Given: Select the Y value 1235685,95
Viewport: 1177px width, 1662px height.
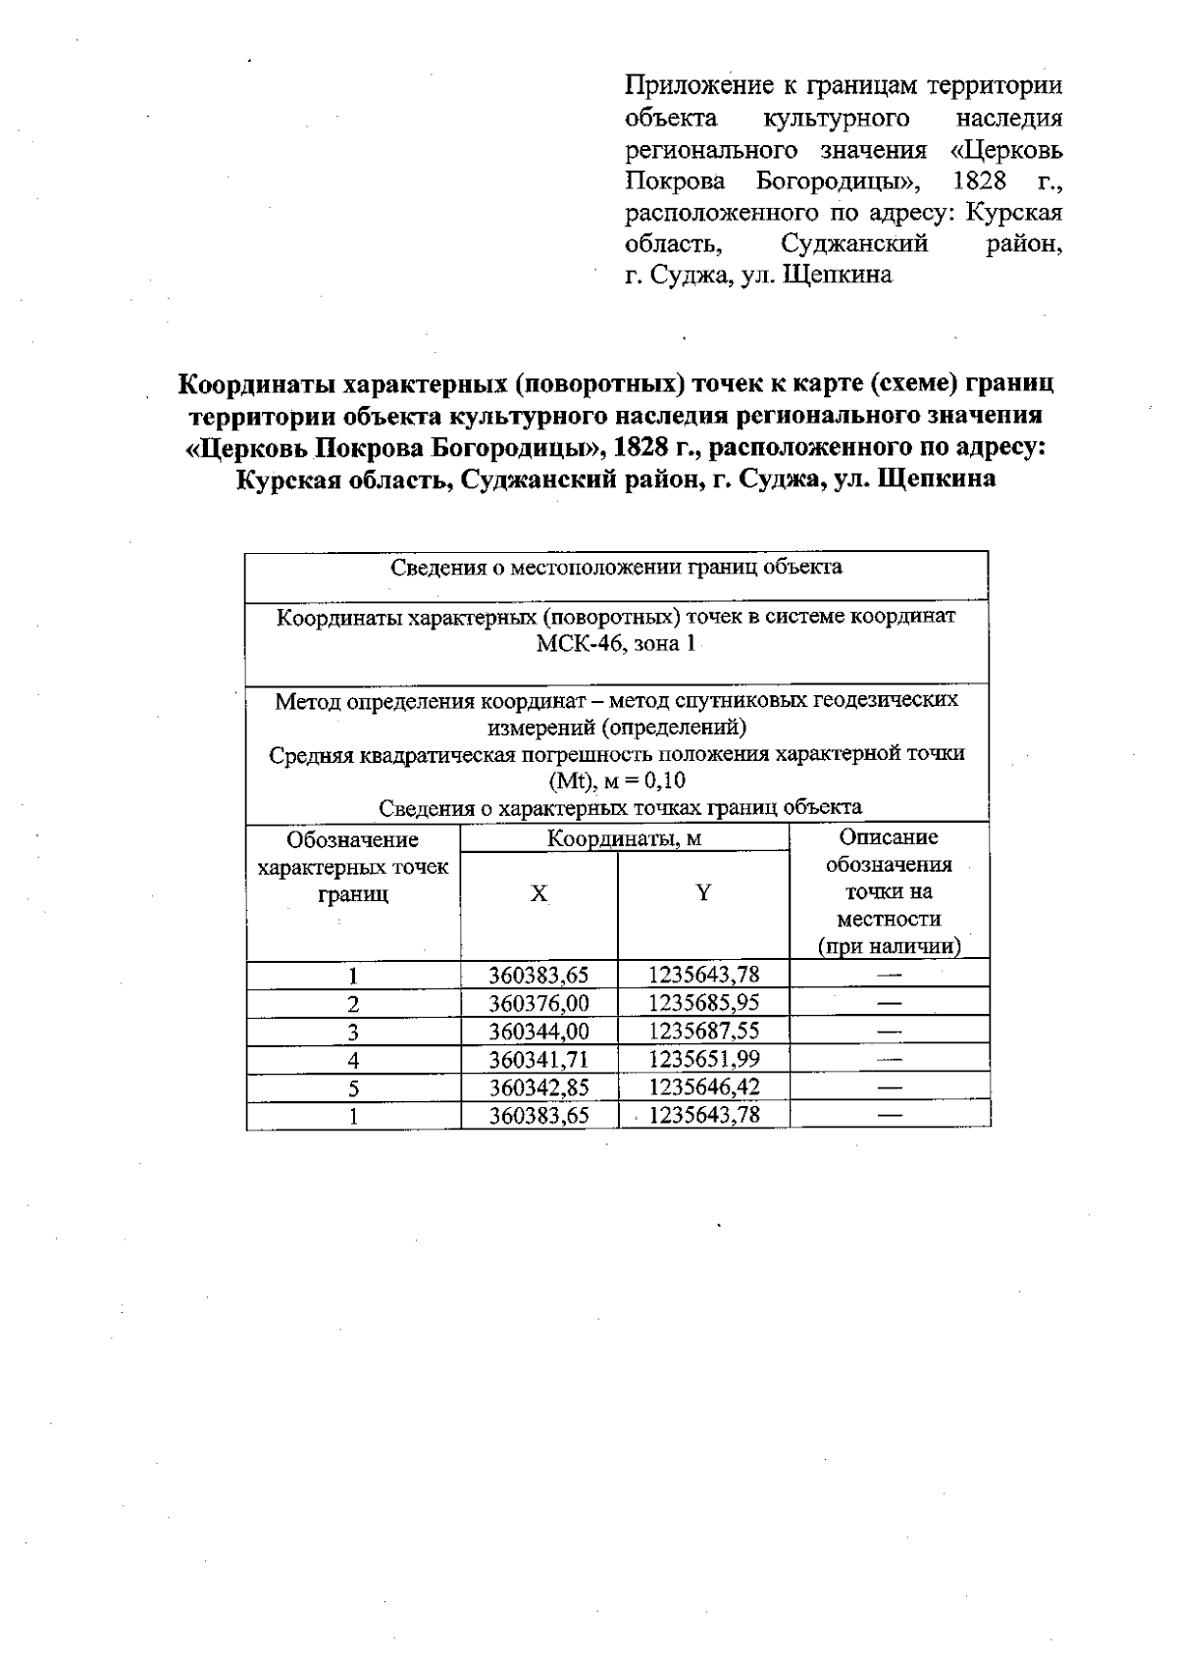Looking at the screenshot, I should [x=703, y=1002].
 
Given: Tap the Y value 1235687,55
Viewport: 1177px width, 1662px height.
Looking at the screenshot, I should [x=703, y=1031].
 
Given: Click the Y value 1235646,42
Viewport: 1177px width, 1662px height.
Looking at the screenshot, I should [x=703, y=1086].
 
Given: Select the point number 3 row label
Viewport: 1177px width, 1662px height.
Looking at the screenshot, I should [x=353, y=1032].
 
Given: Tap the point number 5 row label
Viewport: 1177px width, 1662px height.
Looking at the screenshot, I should [x=353, y=1087].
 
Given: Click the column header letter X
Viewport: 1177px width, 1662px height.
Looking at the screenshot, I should [x=538, y=893].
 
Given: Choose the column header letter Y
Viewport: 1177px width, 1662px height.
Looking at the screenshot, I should [x=703, y=892].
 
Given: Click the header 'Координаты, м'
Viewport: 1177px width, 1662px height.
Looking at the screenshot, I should [x=624, y=839].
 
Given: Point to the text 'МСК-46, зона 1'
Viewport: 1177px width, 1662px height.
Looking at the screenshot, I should [x=616, y=644].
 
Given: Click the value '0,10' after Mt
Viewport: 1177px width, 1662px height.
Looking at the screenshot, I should [x=664, y=781].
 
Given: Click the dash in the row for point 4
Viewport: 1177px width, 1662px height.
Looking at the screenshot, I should [x=889, y=1059].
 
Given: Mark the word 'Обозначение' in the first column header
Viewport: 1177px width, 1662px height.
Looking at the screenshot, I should [x=352, y=840].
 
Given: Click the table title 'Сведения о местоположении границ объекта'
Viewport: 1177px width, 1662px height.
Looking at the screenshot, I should [x=616, y=567].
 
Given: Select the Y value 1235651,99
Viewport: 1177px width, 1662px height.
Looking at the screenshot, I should [x=703, y=1059].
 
